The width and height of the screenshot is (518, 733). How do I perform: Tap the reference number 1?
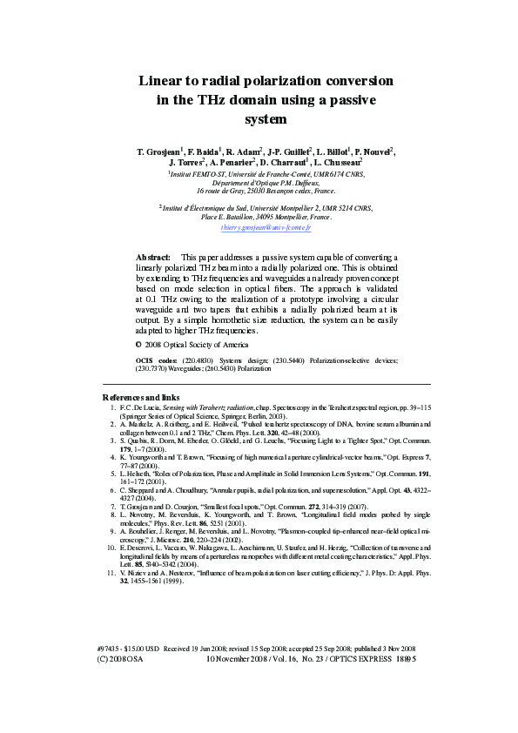112,407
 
